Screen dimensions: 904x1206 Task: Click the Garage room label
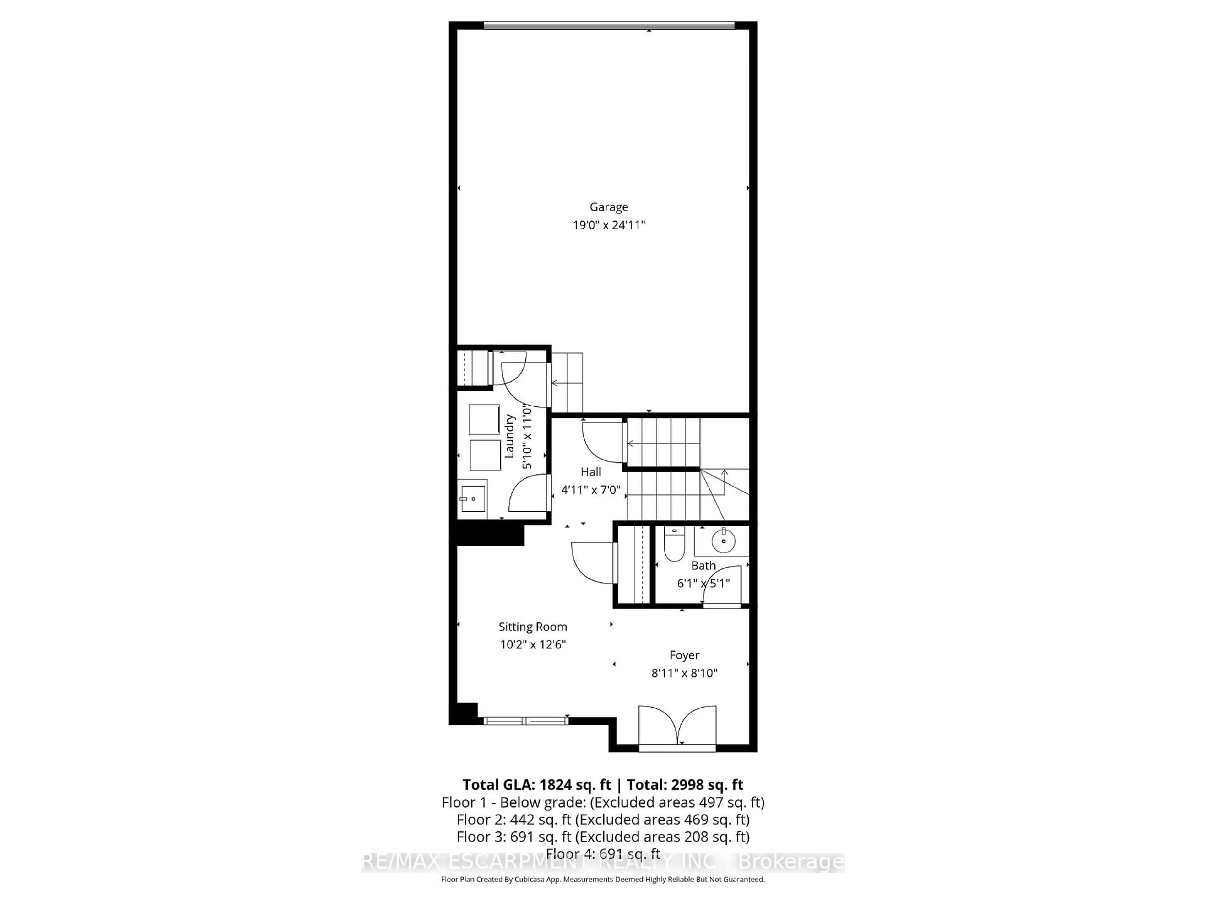click(608, 207)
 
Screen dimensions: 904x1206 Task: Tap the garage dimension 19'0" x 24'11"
click(608, 225)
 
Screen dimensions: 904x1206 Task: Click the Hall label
click(591, 472)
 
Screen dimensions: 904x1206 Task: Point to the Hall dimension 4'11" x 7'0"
click(591, 490)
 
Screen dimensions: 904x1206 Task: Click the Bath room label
click(703, 566)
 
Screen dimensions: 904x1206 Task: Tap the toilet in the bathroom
click(674, 545)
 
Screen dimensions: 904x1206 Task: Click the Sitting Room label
click(533, 627)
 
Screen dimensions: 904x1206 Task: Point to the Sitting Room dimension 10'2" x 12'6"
click(533, 645)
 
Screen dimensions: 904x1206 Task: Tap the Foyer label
click(684, 655)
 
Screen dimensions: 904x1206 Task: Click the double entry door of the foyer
click(677, 728)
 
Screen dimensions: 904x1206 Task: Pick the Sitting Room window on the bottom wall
click(525, 721)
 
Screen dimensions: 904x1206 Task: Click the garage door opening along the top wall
click(609, 25)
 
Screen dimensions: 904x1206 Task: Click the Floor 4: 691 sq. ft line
click(603, 853)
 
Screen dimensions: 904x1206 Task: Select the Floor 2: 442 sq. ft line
click(603, 820)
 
